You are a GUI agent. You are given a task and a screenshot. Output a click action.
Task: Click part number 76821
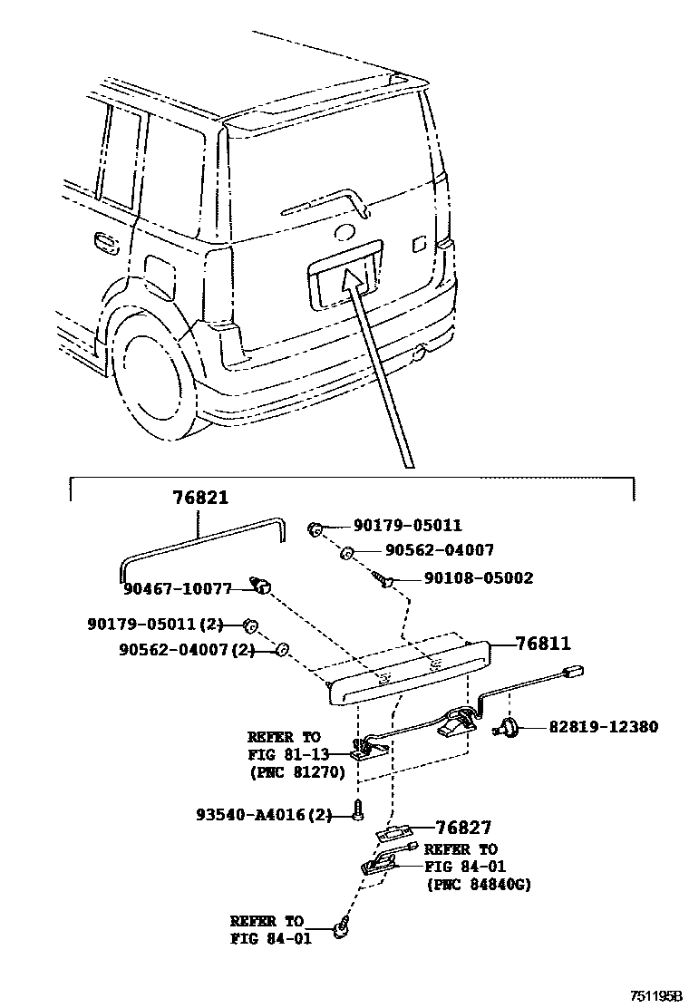[x=200, y=498]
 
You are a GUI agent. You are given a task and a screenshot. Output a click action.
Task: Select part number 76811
[x=543, y=644]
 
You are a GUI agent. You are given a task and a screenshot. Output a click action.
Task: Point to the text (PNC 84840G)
[x=478, y=885]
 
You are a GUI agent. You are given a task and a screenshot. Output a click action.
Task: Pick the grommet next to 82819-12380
[x=509, y=726]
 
